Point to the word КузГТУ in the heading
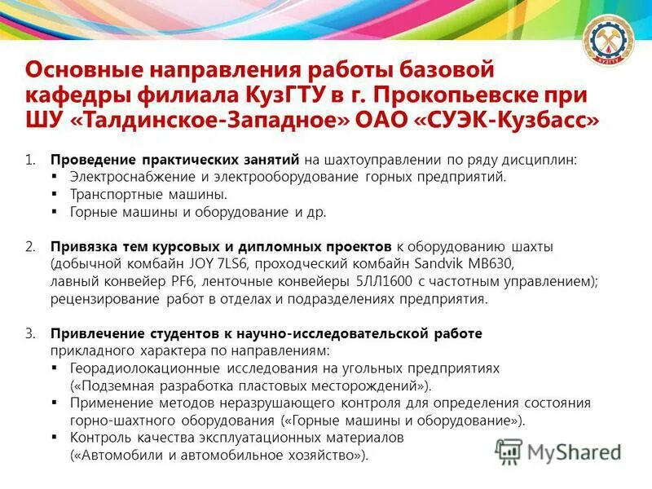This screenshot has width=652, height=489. [x=294, y=95]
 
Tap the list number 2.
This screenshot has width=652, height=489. [x=30, y=246]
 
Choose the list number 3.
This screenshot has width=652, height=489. [x=30, y=333]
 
